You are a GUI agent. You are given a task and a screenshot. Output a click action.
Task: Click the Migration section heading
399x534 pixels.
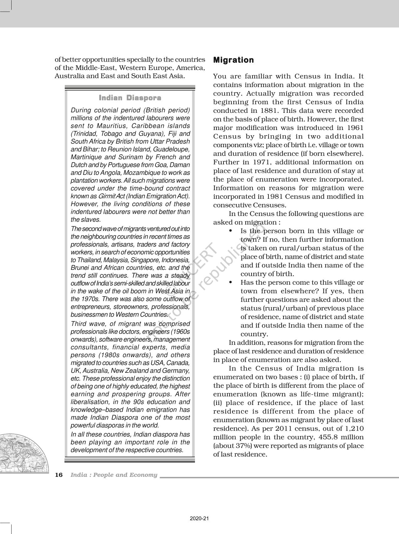coord(233,60)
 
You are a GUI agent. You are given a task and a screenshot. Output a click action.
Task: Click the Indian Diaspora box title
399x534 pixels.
coord(130,98)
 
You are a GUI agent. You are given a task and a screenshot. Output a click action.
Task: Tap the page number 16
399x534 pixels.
coord(59,475)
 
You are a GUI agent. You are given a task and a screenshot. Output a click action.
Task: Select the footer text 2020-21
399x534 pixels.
coord(199,518)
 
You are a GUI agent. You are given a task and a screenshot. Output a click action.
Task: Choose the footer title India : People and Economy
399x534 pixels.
coord(114,475)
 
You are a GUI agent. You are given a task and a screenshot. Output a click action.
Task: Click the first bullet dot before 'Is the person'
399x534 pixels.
coord(231,231)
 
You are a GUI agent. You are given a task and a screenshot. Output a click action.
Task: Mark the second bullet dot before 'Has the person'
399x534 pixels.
coord(231,282)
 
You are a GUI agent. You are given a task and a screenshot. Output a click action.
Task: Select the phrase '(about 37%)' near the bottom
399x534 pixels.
coord(231,446)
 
